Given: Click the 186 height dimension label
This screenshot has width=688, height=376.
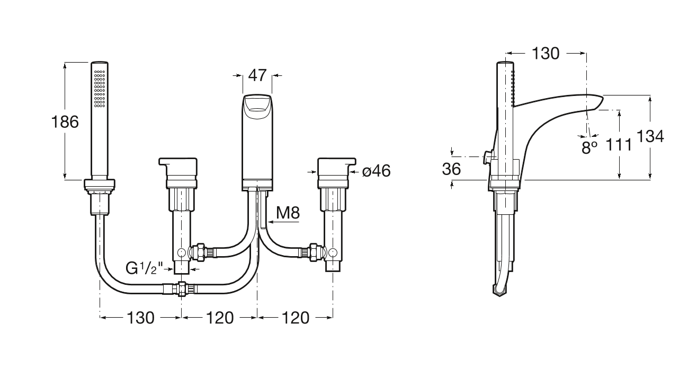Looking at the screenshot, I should (x=65, y=122).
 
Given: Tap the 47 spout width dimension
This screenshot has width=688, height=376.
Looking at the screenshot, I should (x=257, y=75).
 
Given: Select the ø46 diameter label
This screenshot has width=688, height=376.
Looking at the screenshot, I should (x=376, y=171).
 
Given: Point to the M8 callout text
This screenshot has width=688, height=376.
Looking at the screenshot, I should (x=288, y=214).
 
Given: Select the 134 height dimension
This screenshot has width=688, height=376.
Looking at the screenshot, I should (x=649, y=136).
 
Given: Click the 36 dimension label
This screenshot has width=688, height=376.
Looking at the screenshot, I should (x=451, y=169).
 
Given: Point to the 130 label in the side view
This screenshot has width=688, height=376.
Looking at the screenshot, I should (x=545, y=53).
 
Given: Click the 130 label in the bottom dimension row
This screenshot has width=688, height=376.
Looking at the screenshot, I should (x=140, y=318).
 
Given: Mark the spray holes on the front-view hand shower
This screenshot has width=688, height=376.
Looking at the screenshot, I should (x=100, y=90).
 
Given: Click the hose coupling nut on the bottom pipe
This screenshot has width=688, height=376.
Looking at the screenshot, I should (x=182, y=289).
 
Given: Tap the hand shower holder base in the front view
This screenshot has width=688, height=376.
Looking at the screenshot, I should (x=99, y=185).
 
